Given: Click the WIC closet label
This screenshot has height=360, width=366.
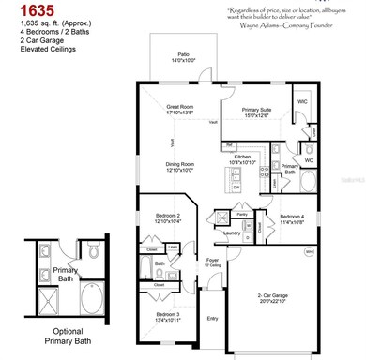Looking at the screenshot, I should (x=302, y=100).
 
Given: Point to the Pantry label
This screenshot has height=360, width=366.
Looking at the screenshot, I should (x=241, y=214).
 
